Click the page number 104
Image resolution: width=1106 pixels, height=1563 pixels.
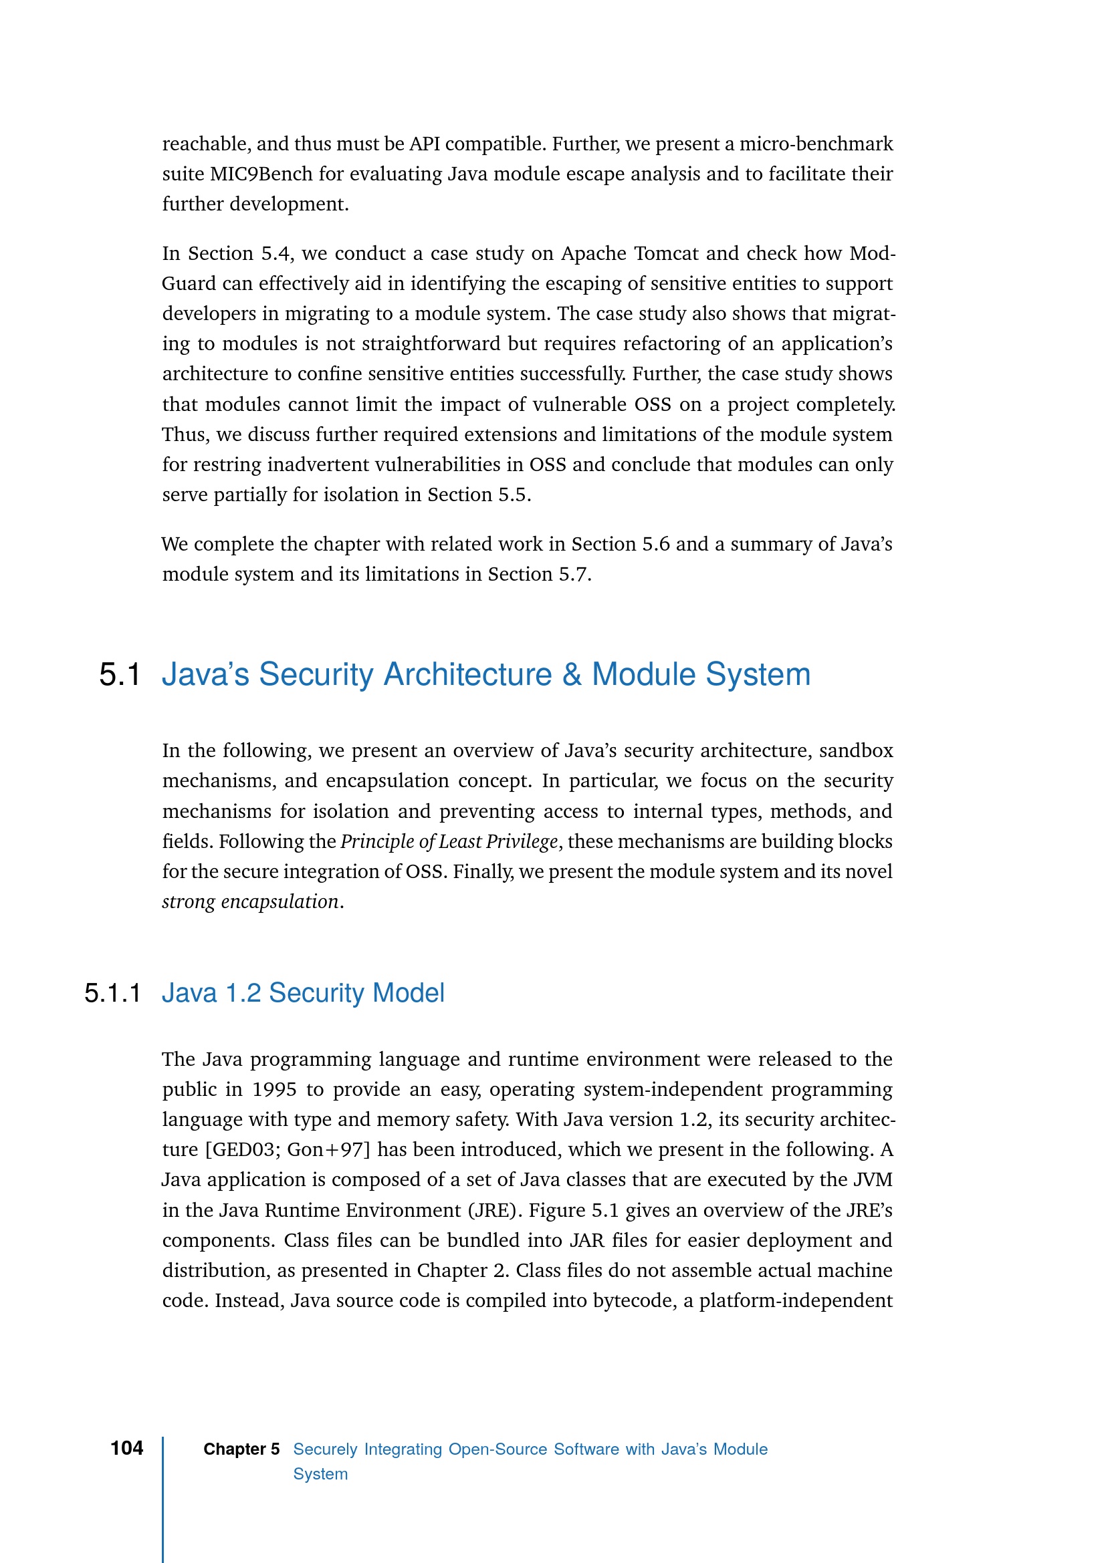click(126, 1448)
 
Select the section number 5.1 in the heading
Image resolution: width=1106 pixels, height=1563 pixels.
click(120, 675)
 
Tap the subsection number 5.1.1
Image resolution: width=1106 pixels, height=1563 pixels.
click(112, 993)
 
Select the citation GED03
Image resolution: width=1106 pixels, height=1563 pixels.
click(244, 1150)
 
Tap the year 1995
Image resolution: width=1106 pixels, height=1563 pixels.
click(273, 1089)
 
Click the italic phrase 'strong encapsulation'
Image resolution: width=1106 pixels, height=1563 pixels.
click(250, 902)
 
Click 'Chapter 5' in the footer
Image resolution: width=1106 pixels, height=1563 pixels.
click(241, 1449)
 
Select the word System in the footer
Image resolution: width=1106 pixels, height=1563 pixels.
click(320, 1474)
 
